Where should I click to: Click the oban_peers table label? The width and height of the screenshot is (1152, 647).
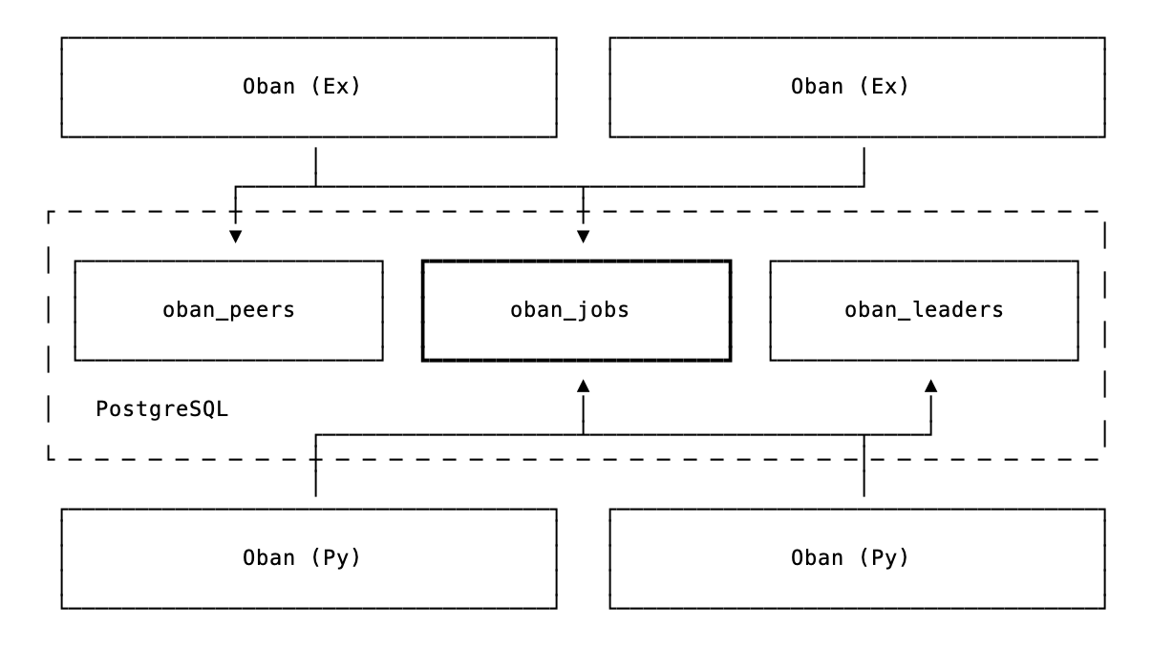(228, 310)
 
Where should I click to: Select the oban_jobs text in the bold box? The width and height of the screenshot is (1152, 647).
(576, 310)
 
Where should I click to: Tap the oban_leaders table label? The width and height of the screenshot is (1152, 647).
(924, 310)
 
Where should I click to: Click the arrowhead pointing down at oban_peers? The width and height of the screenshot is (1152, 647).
(235, 237)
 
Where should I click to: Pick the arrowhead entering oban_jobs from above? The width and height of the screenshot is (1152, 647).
(584, 237)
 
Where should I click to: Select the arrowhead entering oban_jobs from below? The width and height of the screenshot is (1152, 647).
(584, 385)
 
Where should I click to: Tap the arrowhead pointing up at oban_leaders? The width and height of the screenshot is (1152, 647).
(930, 385)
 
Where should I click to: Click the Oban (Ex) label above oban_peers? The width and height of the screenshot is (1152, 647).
(302, 87)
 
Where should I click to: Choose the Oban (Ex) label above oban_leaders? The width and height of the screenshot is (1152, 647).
(850, 87)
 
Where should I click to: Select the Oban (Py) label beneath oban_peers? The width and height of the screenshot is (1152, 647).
(302, 558)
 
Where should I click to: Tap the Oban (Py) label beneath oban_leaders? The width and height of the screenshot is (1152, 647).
(850, 558)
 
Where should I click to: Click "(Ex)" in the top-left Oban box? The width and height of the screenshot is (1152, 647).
(334, 87)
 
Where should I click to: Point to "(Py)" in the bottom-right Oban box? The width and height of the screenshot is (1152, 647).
(883, 558)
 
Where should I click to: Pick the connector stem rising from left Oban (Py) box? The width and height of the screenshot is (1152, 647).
(315, 468)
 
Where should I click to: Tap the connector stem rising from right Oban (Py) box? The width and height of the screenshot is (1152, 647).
(864, 468)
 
